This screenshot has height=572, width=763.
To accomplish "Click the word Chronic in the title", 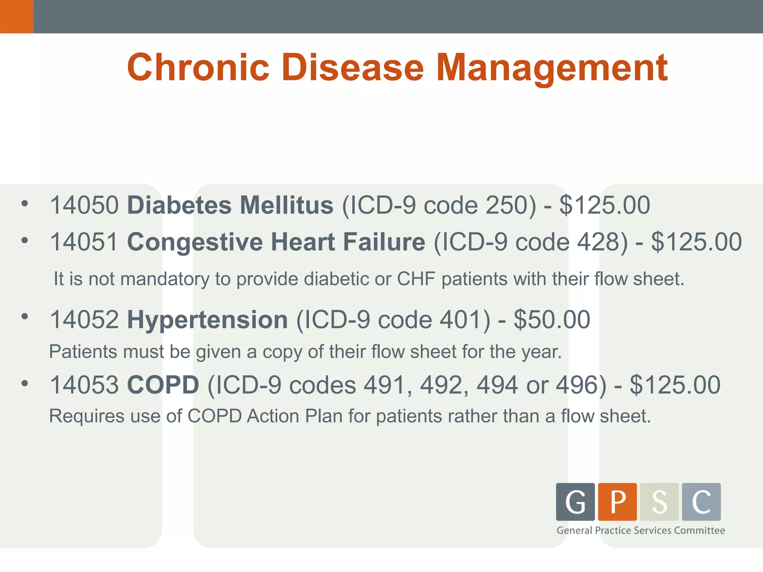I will coord(198,67).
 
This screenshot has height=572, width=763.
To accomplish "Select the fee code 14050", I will coord(84,205).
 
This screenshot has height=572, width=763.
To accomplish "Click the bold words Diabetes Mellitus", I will coord(230,205).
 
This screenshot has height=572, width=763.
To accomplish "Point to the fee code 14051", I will coord(84,242).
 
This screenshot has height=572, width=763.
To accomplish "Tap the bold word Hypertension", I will coord(207,320).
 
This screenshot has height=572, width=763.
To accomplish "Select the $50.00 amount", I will coord(552,320).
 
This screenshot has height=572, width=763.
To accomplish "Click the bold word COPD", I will coord(163,385).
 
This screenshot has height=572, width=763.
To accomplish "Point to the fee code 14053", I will coord(84,385).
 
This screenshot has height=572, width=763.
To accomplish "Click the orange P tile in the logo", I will coord(617,502).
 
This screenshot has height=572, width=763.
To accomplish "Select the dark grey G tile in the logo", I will coord(575,502).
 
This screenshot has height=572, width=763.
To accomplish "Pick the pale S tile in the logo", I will coord(659,502).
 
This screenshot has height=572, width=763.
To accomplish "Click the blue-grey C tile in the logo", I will coord(701,502).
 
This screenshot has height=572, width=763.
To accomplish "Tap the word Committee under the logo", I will coord(699,530).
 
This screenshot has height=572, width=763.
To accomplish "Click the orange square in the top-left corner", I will coord(16,16).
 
